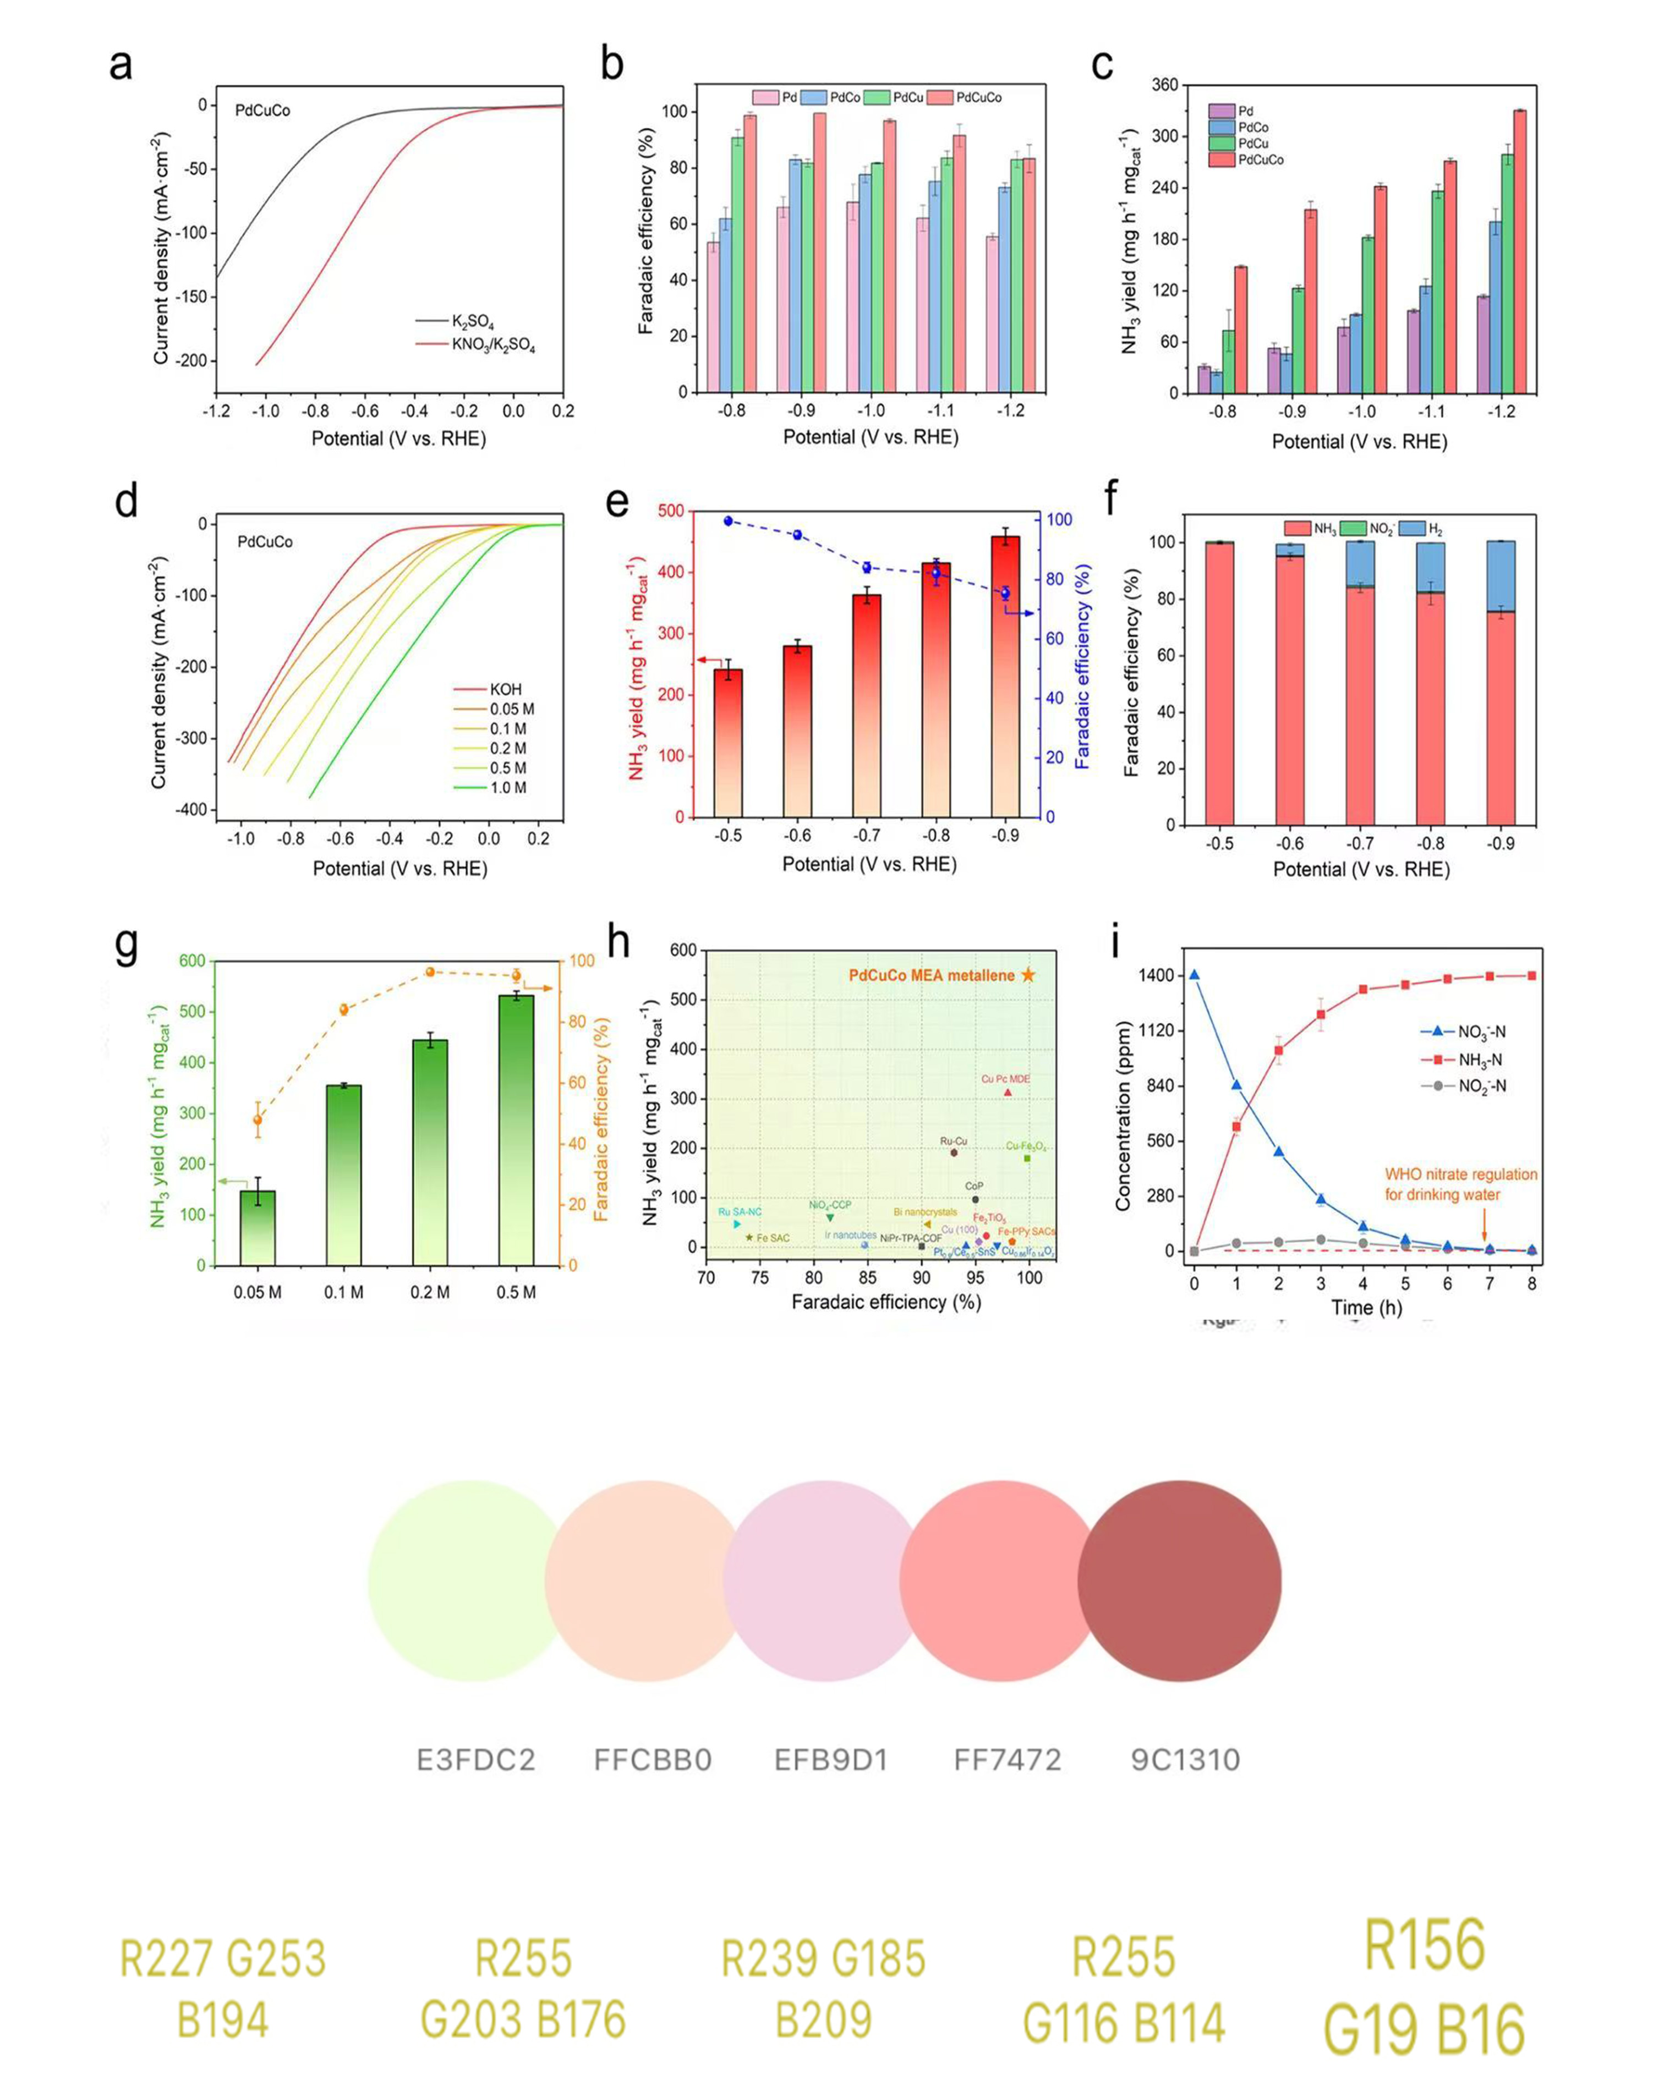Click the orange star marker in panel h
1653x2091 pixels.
[1028, 975]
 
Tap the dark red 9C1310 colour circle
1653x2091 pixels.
[1180, 1581]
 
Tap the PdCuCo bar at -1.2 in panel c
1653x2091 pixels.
[1519, 251]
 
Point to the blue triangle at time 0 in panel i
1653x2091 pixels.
[1194, 975]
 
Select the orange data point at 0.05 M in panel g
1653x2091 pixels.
[258, 1119]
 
